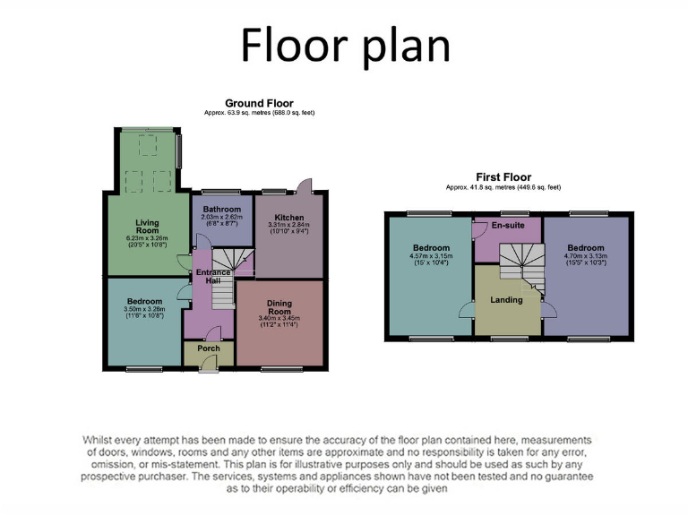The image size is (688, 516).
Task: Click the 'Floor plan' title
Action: (x=344, y=45)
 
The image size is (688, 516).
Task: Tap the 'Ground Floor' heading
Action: (x=259, y=104)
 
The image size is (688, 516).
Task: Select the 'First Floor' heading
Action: (x=503, y=177)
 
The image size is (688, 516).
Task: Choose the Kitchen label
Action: (x=289, y=218)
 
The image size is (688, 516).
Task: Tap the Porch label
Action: (x=209, y=348)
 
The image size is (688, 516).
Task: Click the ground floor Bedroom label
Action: (x=144, y=301)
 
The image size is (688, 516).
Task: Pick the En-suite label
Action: (x=507, y=226)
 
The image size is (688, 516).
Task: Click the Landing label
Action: (x=506, y=299)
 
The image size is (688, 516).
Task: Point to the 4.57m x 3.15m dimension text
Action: (x=432, y=257)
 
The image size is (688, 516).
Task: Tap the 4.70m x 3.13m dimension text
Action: (x=586, y=257)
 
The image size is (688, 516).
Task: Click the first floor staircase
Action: (x=518, y=265)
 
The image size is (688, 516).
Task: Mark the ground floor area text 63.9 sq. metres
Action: (x=259, y=113)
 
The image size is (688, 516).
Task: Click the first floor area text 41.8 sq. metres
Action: (x=503, y=187)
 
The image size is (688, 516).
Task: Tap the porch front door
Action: (x=208, y=364)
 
